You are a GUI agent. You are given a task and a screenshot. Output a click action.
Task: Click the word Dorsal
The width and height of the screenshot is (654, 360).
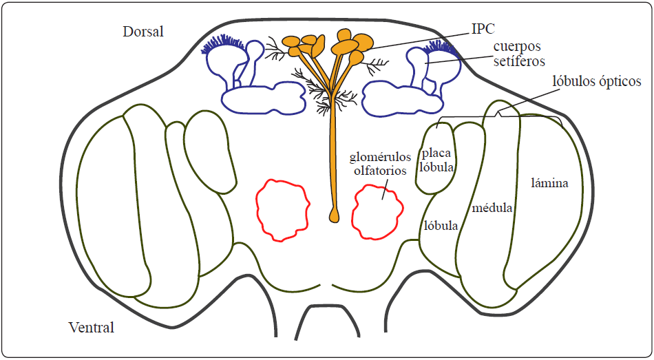point(143,32)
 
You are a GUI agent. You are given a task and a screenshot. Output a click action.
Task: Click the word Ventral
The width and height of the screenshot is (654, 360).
point(92,327)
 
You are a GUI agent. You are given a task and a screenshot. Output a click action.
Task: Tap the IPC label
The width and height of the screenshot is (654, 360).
point(483,28)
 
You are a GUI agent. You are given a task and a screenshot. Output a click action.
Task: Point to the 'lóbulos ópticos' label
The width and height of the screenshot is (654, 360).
point(597,82)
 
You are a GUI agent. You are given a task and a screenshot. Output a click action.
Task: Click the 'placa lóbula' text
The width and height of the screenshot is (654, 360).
point(436,160)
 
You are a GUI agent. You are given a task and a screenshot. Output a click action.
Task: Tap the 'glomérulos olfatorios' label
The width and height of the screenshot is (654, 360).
point(379,163)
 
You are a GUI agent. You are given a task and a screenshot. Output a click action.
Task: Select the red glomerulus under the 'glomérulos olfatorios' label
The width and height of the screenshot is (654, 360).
point(376,210)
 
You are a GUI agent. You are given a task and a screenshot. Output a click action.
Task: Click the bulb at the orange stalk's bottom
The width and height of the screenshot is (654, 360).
point(335,215)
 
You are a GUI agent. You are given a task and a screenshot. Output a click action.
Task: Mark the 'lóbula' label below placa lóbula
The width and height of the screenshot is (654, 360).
point(441,226)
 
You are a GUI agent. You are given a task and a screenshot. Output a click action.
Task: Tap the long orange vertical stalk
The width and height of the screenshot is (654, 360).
point(334,158)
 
